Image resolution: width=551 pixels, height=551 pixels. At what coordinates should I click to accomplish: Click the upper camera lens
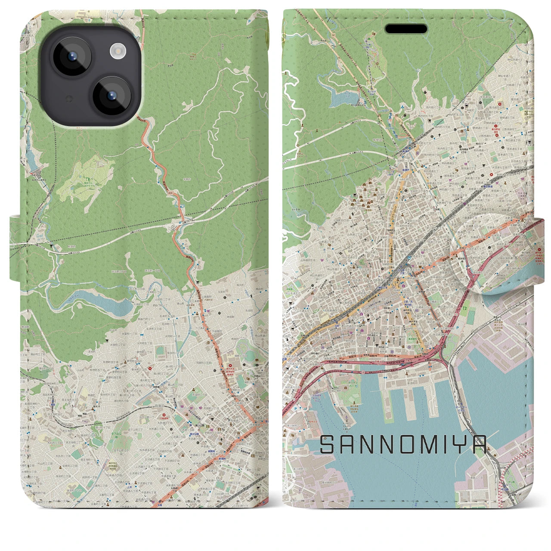pos(71,56)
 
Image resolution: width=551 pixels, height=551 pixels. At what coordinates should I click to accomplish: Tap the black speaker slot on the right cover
pos(406,29)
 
